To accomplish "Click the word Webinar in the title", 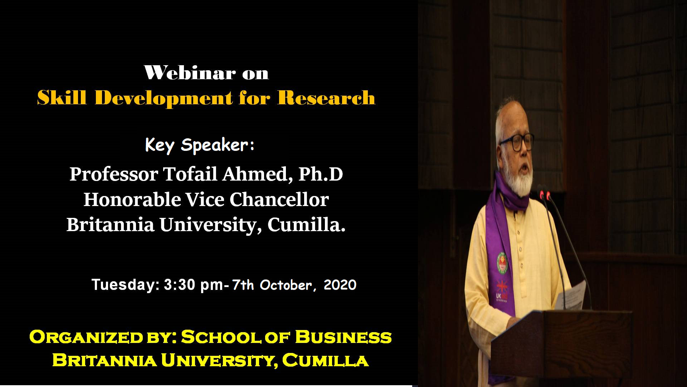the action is coord(190,73).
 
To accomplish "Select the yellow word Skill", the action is coord(62,97).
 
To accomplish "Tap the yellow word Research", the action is coord(326,97).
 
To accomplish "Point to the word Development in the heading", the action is coord(164,99).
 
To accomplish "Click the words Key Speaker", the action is coord(200,145).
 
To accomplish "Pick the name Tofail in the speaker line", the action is coord(190,174).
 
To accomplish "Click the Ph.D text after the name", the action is coord(321,174).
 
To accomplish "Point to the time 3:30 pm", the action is coord(194,285).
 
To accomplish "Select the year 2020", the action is coord(340,285).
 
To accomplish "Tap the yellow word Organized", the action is coord(86,337).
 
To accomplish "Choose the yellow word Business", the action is coord(343,337).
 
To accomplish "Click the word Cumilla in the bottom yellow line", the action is coord(325,360).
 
